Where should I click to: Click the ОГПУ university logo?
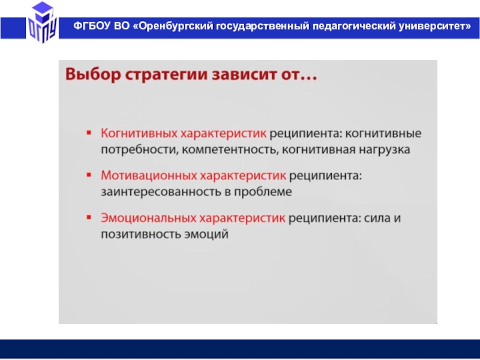click(42, 22)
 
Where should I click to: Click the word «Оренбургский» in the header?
click(173, 26)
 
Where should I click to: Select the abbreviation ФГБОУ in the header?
click(92, 26)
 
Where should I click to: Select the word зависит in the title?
click(244, 74)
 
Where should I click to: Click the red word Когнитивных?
click(139, 133)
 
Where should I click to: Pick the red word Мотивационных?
click(148, 176)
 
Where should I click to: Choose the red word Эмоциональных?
click(148, 218)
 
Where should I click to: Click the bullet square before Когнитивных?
click(89, 133)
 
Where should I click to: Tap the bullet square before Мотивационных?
click(89, 175)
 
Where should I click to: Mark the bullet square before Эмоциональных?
click(89, 217)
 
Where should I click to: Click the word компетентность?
click(230, 150)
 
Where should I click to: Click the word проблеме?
click(263, 192)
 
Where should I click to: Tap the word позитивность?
click(141, 234)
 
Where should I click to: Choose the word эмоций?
click(206, 235)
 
